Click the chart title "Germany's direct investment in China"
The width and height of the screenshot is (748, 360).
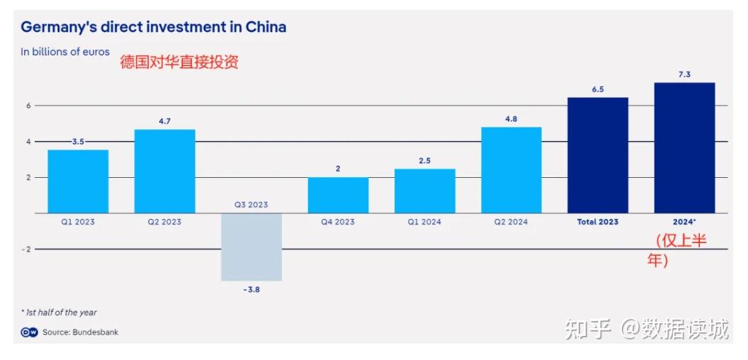(153, 28)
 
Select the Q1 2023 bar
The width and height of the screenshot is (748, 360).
(78, 181)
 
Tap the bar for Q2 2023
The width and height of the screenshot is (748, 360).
(164, 171)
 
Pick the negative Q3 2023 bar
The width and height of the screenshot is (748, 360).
(251, 247)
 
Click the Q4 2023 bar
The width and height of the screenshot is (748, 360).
(338, 195)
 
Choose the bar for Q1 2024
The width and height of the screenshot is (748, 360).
(424, 191)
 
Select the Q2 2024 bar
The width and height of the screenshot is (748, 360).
(511, 170)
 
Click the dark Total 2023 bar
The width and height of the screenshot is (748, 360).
(597, 155)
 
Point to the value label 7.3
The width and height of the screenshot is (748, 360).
(684, 74)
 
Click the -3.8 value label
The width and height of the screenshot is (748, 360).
(251, 289)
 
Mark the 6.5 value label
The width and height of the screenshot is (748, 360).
(598, 89)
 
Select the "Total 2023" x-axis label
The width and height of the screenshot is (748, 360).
(597, 222)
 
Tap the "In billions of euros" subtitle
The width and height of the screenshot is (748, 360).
(65, 52)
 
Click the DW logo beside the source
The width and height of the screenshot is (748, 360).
(29, 332)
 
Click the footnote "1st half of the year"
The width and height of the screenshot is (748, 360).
(59, 313)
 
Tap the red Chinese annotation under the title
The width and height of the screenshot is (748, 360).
(179, 62)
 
